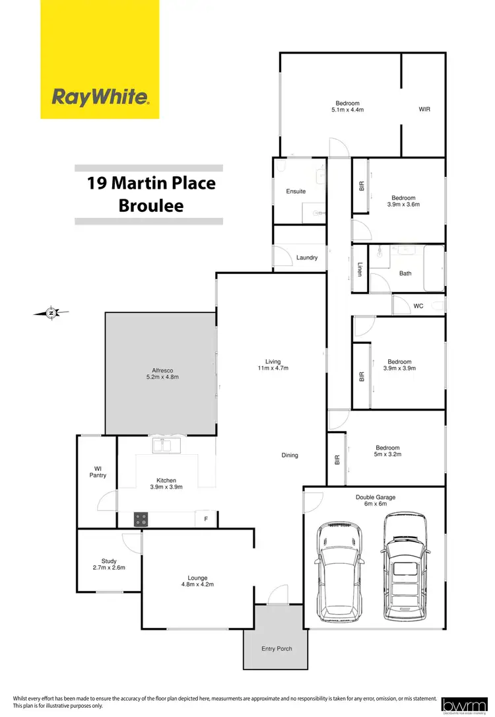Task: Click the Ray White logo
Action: [100, 97]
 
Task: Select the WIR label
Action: [424, 109]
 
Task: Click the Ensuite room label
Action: [296, 191]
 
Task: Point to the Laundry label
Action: [307, 257]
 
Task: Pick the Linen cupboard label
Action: [360, 270]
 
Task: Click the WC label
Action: [418, 306]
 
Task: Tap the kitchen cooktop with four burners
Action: [141, 519]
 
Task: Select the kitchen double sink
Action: [162, 446]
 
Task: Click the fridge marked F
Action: [206, 519]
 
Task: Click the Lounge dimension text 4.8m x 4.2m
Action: [197, 584]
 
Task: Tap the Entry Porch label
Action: [277, 648]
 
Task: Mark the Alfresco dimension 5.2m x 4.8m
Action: [162, 377]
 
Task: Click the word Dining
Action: [290, 455]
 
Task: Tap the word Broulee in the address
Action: [151, 205]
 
